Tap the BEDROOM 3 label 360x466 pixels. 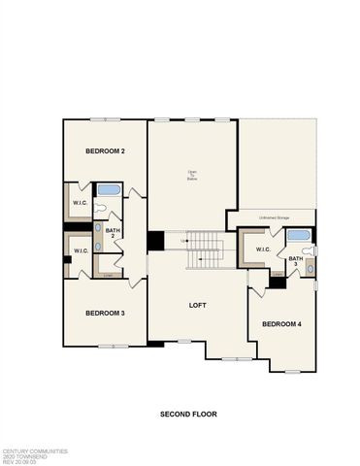tap(105, 313)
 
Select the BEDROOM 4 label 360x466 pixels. tap(280, 323)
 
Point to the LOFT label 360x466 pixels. tap(199, 305)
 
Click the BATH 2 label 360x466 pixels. tap(113, 233)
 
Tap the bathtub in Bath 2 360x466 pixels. tap(108, 190)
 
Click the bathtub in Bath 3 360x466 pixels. tap(298, 236)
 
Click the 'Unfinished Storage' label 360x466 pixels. tap(276, 217)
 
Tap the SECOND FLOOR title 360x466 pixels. tap(188, 414)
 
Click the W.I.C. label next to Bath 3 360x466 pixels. tap(263, 250)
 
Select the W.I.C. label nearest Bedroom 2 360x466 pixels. tap(81, 202)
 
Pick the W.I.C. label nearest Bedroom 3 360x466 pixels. tap(81, 250)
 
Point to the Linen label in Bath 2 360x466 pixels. tap(105, 275)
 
